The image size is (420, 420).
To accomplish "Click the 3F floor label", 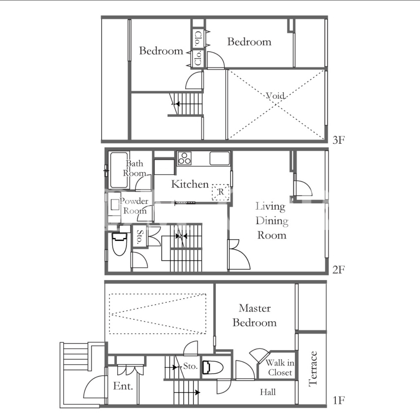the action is (338, 140).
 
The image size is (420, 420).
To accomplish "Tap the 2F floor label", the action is (338, 270).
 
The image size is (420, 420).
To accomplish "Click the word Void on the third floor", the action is (275, 96).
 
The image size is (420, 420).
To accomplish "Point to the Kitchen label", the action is (190, 184).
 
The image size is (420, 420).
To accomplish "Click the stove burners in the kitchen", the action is (185, 158).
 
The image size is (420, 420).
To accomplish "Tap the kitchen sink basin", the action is (220, 158).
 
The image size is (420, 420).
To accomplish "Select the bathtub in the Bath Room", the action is (119, 170).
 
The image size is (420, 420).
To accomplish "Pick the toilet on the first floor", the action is (213, 367).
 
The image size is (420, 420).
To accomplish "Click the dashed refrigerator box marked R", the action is (221, 192).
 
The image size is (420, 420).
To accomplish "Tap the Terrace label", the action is (313, 369).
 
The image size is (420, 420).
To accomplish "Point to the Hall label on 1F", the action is (268, 392).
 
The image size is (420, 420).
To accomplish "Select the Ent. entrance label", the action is (123, 386).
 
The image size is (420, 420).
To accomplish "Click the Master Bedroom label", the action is (254, 315).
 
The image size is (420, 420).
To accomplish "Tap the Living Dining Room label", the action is (272, 220).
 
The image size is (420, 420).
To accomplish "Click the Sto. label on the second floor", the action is (140, 237).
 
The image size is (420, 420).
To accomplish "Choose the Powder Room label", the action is (134, 206).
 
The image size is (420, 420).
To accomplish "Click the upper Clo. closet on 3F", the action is (198, 39).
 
